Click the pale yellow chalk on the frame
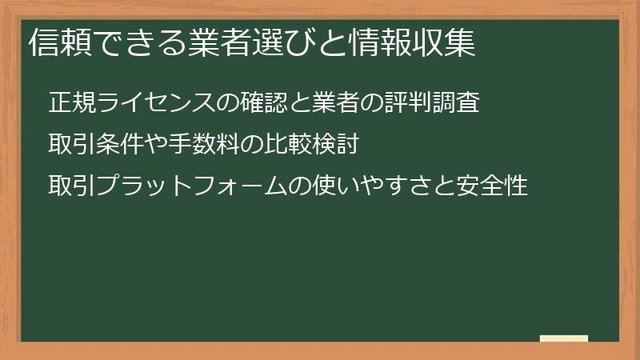[563, 338]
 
